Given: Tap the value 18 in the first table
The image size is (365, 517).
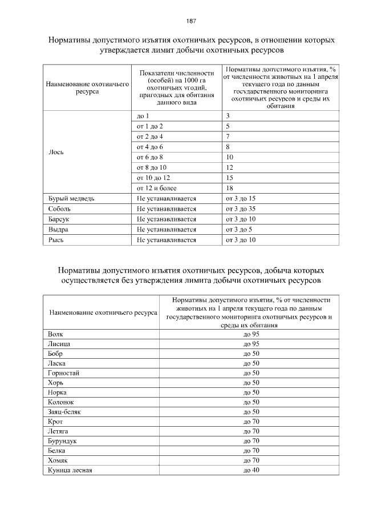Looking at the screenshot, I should [230, 188].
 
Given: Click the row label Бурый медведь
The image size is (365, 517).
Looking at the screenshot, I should [67, 199].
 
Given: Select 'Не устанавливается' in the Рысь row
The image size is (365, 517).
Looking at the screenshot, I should [167, 240].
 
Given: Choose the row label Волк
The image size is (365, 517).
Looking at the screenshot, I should [56, 334].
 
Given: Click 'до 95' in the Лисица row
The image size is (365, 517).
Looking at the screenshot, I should [252, 343].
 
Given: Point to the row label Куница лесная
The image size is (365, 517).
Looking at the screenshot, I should [71, 470].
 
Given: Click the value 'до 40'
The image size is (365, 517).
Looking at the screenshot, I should [252, 470].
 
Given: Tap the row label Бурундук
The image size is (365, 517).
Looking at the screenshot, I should [63, 440].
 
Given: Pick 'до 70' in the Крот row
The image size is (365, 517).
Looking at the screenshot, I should [252, 421].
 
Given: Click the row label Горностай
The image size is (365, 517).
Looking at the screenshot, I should [64, 372].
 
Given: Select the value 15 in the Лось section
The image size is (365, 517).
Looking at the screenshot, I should [230, 178].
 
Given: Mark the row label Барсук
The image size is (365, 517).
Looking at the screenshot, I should [59, 219].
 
